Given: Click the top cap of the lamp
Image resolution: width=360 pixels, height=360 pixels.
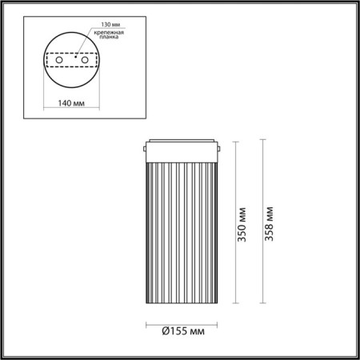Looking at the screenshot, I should [181, 148].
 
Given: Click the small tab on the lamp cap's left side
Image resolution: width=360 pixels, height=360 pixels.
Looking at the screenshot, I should [144, 148].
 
